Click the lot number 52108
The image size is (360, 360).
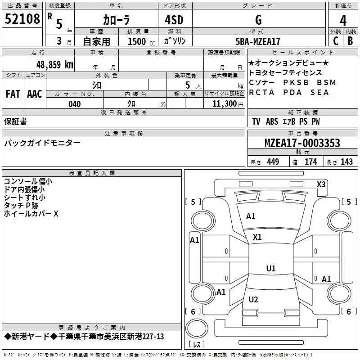(22, 19)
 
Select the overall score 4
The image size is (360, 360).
(343, 21)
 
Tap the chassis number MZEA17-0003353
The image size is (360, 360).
(302, 143)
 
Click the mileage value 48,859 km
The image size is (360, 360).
(55, 64)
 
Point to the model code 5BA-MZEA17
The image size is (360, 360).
(258, 41)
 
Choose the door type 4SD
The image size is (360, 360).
(174, 20)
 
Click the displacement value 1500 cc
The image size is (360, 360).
(141, 41)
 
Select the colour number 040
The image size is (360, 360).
(75, 104)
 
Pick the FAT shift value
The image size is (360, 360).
(13, 94)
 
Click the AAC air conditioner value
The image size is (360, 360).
(35, 94)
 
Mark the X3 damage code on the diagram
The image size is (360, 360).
(321, 184)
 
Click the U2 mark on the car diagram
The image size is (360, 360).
(253, 299)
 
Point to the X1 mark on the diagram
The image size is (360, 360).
(257, 237)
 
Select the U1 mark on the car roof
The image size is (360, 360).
(271, 268)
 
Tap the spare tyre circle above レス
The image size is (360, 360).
(197, 328)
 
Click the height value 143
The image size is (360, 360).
(346, 162)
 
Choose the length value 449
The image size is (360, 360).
(273, 162)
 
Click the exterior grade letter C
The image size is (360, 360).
(336, 41)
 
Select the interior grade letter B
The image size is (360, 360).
(350, 41)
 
